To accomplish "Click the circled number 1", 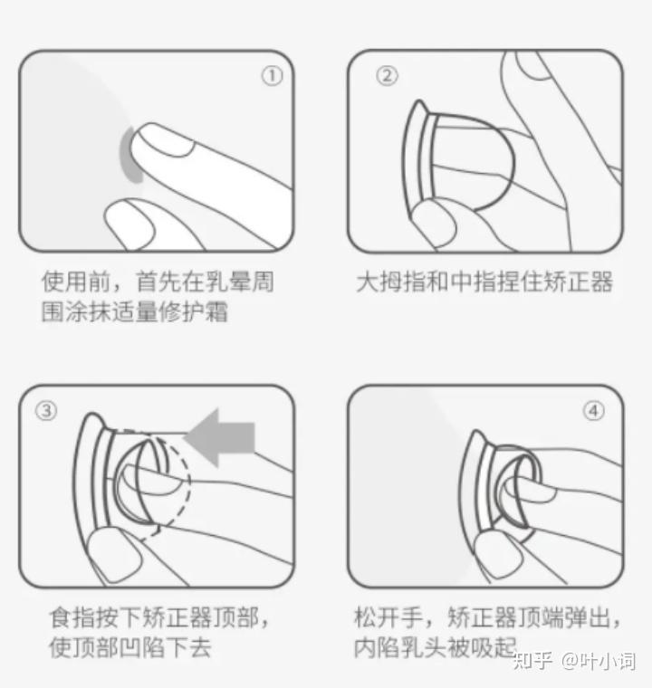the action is point(273,76).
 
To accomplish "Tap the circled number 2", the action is point(387,76).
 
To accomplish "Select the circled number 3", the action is point(46,411).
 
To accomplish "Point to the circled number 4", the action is point(594,411).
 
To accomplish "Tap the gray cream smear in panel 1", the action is point(129,155).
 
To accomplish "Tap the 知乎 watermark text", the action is point(532,661).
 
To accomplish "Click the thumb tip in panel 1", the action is point(129,222).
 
